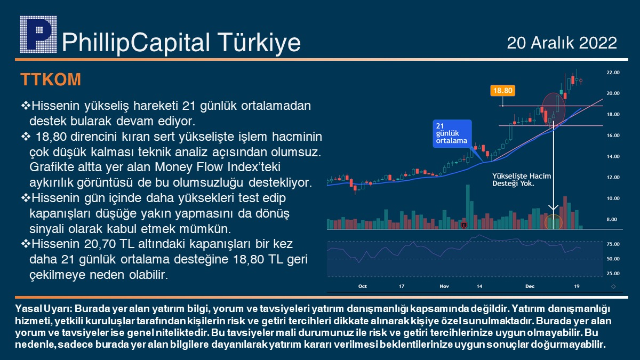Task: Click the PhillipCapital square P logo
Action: tap(38, 34)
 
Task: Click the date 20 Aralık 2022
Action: tap(562, 43)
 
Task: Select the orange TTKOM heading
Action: tap(51, 79)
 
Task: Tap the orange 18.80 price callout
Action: tap(502, 91)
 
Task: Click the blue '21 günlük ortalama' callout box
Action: tap(452, 133)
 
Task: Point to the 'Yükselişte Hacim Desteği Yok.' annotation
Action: tap(522, 180)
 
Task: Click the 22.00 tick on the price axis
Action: tap(613, 73)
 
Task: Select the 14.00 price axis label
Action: tap(613, 156)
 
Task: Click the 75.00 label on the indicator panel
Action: tap(613, 244)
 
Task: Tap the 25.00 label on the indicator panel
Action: tap(613, 274)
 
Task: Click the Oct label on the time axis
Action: tap(362, 286)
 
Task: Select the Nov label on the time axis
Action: tap(444, 286)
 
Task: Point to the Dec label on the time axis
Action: tap(530, 286)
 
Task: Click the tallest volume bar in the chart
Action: tap(468, 207)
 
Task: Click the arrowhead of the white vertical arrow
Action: tap(554, 207)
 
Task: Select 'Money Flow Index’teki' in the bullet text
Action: tap(218, 167)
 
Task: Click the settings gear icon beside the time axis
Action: tap(613, 286)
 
